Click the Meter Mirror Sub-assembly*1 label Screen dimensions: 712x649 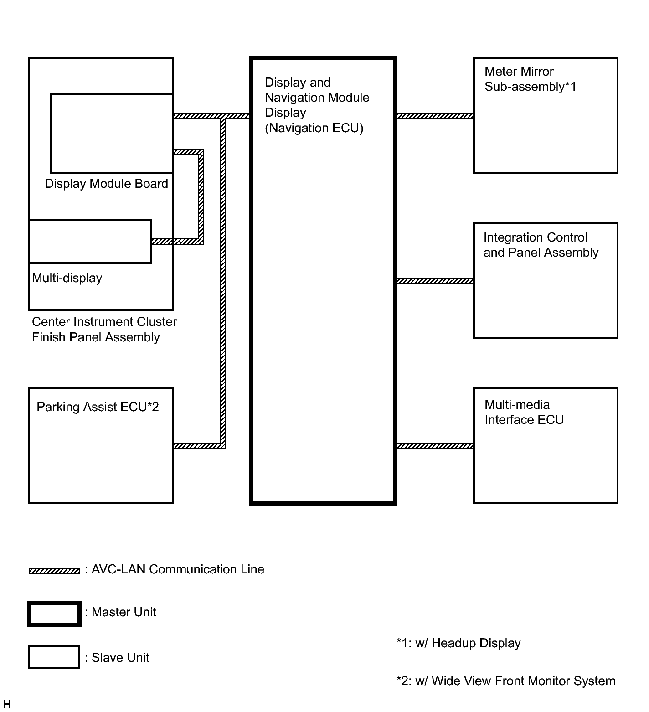(530, 79)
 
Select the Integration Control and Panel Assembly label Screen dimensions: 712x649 (541, 245)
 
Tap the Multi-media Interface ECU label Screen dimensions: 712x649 (524, 412)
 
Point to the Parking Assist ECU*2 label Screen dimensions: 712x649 (98, 407)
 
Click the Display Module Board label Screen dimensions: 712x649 (106, 184)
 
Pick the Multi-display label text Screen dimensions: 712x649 (67, 278)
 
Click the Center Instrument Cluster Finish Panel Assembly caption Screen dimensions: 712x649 (104, 330)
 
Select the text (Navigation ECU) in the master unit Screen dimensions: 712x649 (314, 128)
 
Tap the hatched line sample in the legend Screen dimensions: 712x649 (54, 571)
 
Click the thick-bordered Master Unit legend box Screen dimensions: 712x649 (54, 614)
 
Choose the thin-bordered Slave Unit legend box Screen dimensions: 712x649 (54, 657)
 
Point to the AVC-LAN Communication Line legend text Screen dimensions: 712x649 (177, 569)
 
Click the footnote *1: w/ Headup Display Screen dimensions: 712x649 (458, 643)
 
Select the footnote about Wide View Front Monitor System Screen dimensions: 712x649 (506, 681)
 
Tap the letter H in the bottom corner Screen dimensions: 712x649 (7, 705)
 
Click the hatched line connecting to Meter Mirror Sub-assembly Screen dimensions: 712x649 (435, 116)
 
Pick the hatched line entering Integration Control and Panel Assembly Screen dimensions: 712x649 (435, 281)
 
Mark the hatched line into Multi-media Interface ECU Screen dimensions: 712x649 (435, 446)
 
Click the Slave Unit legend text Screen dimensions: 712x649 (120, 658)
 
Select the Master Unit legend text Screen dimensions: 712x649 (124, 612)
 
